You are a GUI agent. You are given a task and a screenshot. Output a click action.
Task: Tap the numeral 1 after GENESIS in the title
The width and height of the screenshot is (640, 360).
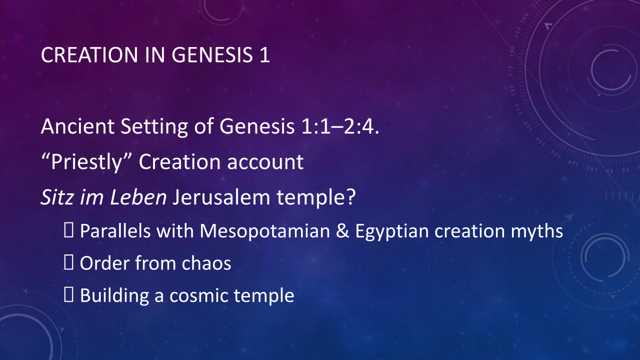point(264,54)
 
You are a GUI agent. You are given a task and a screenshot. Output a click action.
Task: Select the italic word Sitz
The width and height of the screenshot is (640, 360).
point(57,197)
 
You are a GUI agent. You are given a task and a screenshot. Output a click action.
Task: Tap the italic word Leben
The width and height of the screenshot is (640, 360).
point(138,197)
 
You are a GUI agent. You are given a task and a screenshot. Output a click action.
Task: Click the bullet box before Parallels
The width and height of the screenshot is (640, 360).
point(68,230)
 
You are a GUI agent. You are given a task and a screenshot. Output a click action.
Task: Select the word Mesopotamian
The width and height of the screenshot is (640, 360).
point(264,231)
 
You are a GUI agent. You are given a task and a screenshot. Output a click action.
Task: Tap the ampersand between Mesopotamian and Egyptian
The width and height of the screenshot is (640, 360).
point(342,231)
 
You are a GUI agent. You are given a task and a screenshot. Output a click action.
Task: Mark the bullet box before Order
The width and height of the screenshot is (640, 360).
point(68,262)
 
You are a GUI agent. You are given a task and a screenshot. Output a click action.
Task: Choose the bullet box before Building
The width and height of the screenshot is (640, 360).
point(68,295)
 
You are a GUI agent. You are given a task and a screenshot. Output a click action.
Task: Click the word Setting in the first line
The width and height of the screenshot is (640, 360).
point(154,126)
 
